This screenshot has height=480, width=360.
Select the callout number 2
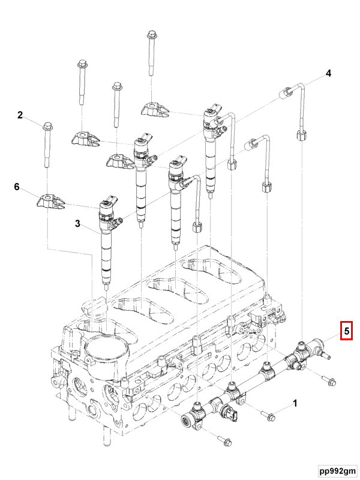[20, 115]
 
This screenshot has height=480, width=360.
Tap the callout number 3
[77, 224]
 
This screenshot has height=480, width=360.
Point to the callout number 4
[328, 74]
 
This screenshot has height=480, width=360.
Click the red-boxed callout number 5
[346, 330]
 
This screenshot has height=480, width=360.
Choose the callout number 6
[17, 187]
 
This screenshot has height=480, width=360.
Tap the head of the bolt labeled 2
[47, 125]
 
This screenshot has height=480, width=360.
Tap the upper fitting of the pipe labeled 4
[287, 91]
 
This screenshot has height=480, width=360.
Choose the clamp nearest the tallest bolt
[156, 109]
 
